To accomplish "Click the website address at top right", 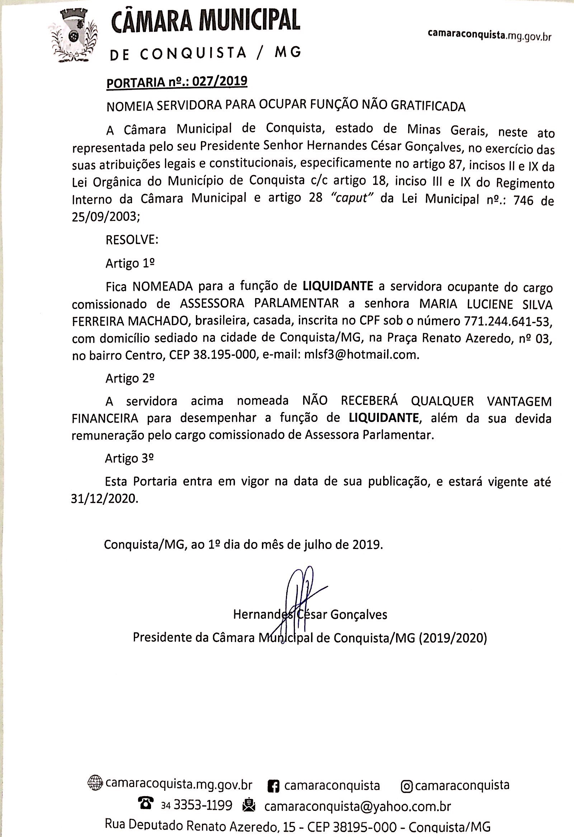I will (x=489, y=35).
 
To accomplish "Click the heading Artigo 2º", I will (x=130, y=378).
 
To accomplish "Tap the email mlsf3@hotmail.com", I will (x=362, y=355).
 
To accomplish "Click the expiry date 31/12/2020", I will (x=104, y=499).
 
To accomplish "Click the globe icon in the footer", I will (x=95, y=784).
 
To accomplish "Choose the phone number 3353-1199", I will (x=203, y=805).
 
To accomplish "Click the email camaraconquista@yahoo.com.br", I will (x=357, y=806).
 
